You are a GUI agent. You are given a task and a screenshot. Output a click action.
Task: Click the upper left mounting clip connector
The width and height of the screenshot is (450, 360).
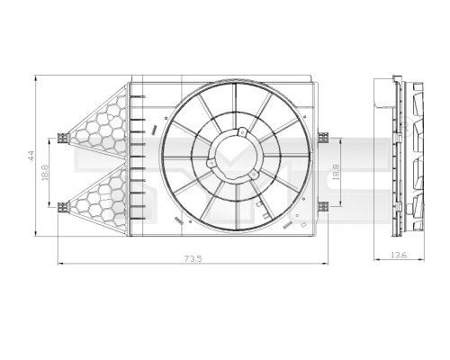click(61, 138)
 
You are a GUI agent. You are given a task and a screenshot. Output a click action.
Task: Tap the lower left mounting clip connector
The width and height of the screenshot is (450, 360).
click(61, 206)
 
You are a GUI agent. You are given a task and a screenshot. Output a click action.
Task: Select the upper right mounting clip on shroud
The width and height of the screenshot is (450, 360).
click(317, 138)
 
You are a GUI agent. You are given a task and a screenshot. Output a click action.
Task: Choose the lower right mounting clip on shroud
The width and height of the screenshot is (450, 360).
click(317, 206)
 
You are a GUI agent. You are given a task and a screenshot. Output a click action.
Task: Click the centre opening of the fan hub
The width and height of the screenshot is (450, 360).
click(231, 159)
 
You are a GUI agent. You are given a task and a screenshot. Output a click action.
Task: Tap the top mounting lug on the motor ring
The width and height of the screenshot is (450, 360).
click(240, 133)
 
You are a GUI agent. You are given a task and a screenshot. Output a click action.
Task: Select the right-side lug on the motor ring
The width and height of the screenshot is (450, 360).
click(255, 176)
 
